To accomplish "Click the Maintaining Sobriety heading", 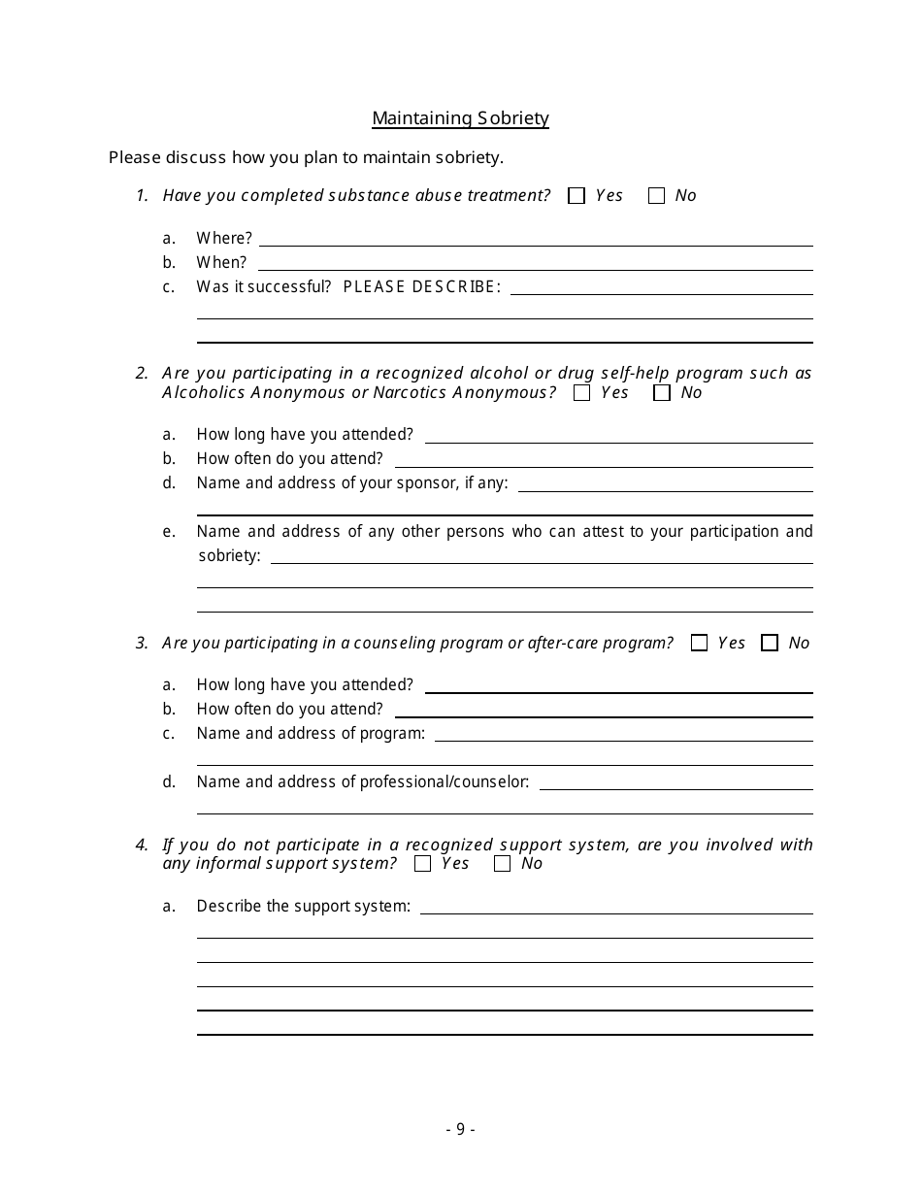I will (460, 118).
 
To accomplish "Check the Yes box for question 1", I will (576, 196).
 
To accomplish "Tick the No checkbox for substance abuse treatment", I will (657, 196).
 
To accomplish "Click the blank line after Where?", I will (536, 238).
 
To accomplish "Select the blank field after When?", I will (536, 262).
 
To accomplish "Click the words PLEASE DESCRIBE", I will (422, 286).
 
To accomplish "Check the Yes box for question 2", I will (582, 393).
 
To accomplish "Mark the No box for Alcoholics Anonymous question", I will (662, 393).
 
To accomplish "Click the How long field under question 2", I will (618, 435).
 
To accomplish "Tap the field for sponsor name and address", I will (665, 483).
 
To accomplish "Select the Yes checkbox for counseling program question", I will (699, 643).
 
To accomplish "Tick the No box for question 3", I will (770, 643).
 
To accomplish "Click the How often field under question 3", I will (603, 709).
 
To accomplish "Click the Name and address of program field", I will (623, 733).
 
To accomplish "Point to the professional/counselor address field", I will (675, 781).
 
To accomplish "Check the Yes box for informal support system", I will (422, 864).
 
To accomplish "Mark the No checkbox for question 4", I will (502, 864).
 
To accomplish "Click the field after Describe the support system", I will (616, 906).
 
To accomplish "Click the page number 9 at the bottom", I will (460, 1129).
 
